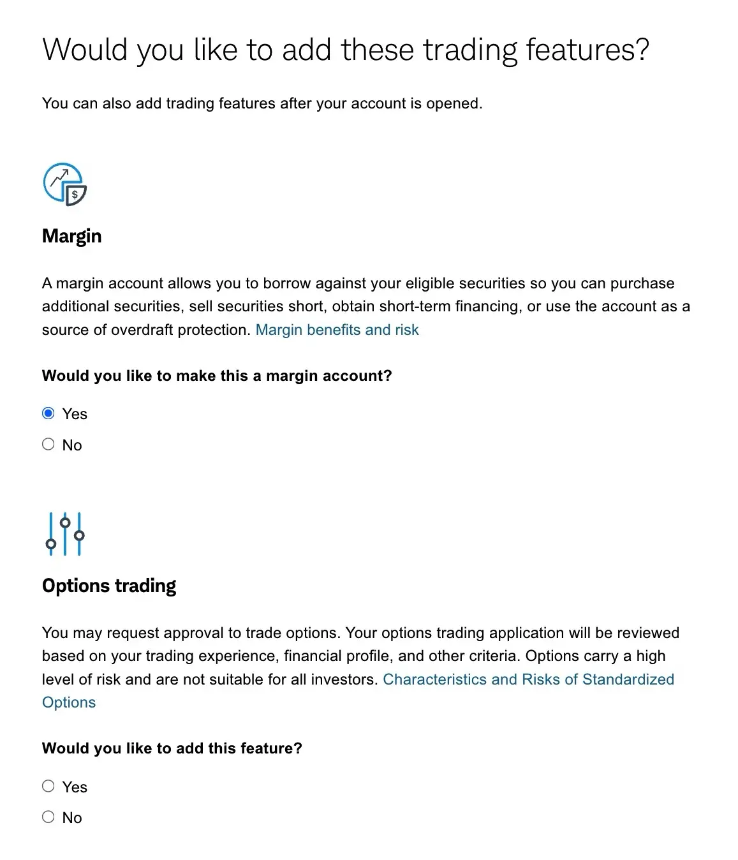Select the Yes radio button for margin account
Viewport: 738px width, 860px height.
(x=48, y=413)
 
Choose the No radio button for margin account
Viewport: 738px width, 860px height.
(x=48, y=444)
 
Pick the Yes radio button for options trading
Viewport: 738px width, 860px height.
(x=48, y=786)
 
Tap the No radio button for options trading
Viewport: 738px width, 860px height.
(x=48, y=817)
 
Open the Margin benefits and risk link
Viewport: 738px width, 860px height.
(x=337, y=330)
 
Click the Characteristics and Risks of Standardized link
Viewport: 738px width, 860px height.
(x=528, y=679)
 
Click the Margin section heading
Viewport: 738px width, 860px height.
(x=71, y=236)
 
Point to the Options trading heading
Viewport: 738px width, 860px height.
(x=109, y=586)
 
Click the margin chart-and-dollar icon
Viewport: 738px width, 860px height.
(x=64, y=184)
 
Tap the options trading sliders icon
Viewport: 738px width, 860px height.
(x=65, y=533)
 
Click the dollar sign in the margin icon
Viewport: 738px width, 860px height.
(x=75, y=195)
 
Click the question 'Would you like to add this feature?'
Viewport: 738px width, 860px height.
(x=172, y=748)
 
